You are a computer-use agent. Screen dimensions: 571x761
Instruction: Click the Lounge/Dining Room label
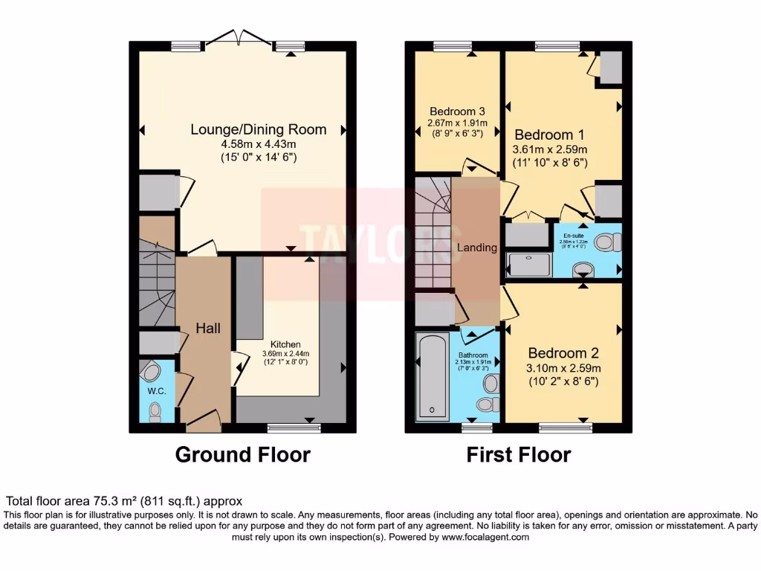pos(258,129)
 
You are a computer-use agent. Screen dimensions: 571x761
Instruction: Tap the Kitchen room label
pos(285,344)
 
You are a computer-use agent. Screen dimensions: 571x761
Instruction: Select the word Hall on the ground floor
pos(207,328)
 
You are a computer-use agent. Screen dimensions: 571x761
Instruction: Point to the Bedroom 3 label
pos(456,112)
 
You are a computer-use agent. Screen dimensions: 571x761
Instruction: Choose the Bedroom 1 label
pos(549,135)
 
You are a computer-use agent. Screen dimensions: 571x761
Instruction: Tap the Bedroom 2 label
pos(563,353)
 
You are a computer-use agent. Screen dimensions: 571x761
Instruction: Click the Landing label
pos(476,248)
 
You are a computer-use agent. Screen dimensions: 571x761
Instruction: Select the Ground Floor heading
pos(242,454)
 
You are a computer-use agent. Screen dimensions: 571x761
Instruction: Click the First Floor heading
pos(519,454)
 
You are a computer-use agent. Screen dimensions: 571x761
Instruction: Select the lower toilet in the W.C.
pos(155,410)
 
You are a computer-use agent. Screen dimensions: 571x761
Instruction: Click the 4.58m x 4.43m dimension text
pos(258,143)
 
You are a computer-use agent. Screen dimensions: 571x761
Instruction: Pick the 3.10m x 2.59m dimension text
pos(563,368)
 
